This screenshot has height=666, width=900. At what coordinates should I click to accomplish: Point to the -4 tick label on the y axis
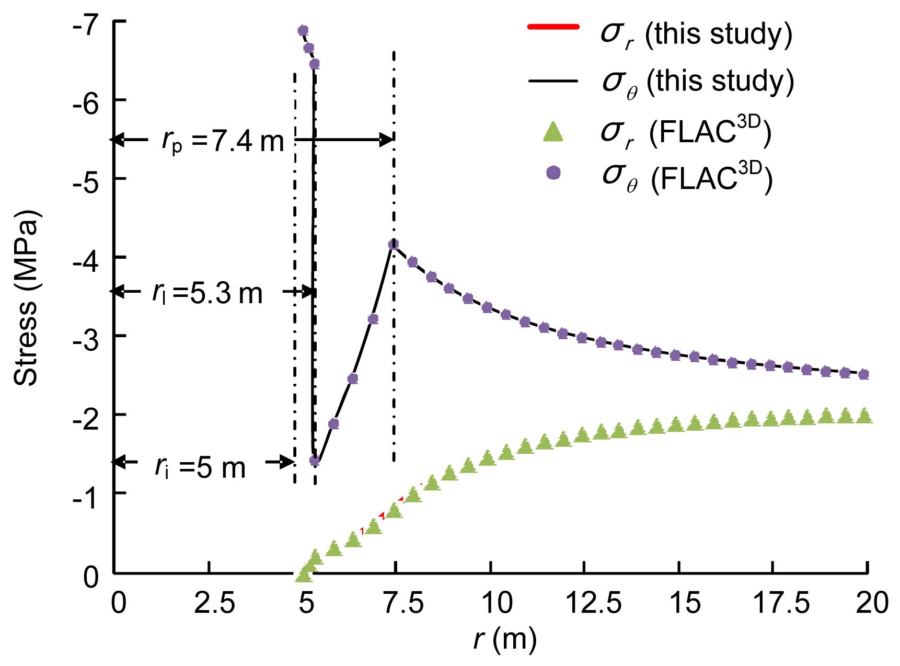87,257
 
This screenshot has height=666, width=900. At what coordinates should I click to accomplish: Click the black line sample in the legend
553,81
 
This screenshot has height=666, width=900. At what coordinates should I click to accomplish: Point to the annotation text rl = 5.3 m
207,293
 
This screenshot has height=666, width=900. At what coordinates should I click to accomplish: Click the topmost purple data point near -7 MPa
303,30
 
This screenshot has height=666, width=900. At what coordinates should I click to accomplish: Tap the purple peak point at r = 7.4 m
394,244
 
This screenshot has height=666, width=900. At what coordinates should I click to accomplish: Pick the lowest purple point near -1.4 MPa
315,461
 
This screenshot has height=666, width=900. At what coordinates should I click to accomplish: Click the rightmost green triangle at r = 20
864,416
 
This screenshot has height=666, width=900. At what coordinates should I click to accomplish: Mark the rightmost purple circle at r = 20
864,374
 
